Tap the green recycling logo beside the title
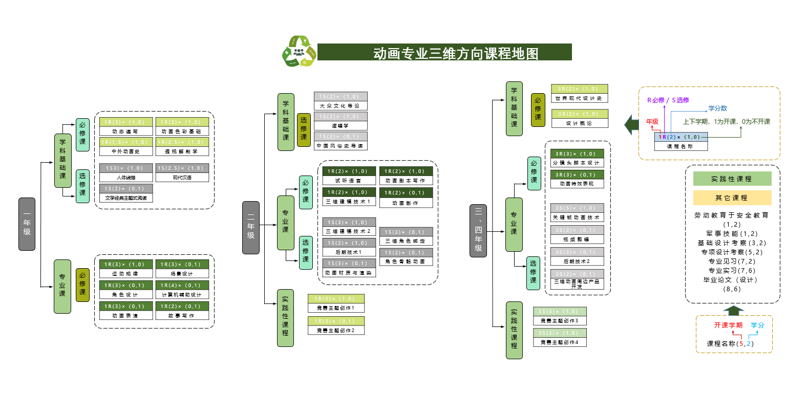coord(299,51)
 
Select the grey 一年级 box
coord(27,224)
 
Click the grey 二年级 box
coord(251,228)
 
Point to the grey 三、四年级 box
coord(478,230)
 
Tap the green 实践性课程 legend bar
coord(732,179)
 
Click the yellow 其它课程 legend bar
coord(732,198)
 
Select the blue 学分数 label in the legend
coord(717,108)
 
